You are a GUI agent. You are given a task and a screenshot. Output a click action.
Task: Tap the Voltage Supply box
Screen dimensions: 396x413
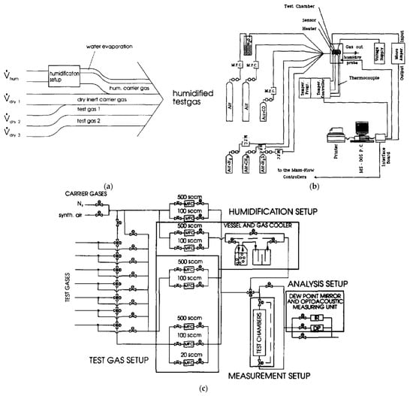[363, 53]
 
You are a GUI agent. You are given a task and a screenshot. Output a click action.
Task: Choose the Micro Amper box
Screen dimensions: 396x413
[384, 53]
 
